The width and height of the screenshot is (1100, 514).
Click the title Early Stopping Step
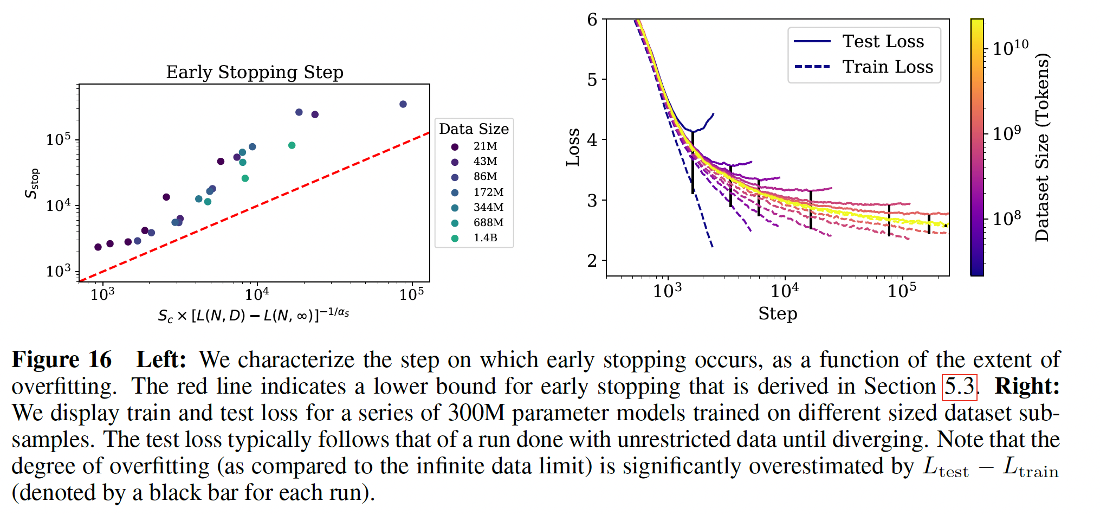255,72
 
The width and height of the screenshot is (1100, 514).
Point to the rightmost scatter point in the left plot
403,104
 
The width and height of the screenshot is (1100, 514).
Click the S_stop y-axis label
33,183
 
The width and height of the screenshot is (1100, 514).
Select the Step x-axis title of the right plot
778,313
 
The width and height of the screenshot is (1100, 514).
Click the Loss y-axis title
573,147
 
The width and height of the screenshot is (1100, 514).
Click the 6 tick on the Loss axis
592,20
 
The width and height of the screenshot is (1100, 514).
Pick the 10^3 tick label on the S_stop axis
59,271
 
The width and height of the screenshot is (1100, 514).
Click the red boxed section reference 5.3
959,387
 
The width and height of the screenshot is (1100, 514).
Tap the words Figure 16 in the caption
62,360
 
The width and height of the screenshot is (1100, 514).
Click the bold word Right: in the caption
1027,387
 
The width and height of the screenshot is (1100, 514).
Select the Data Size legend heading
474,129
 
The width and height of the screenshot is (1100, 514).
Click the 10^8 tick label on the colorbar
1007,219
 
